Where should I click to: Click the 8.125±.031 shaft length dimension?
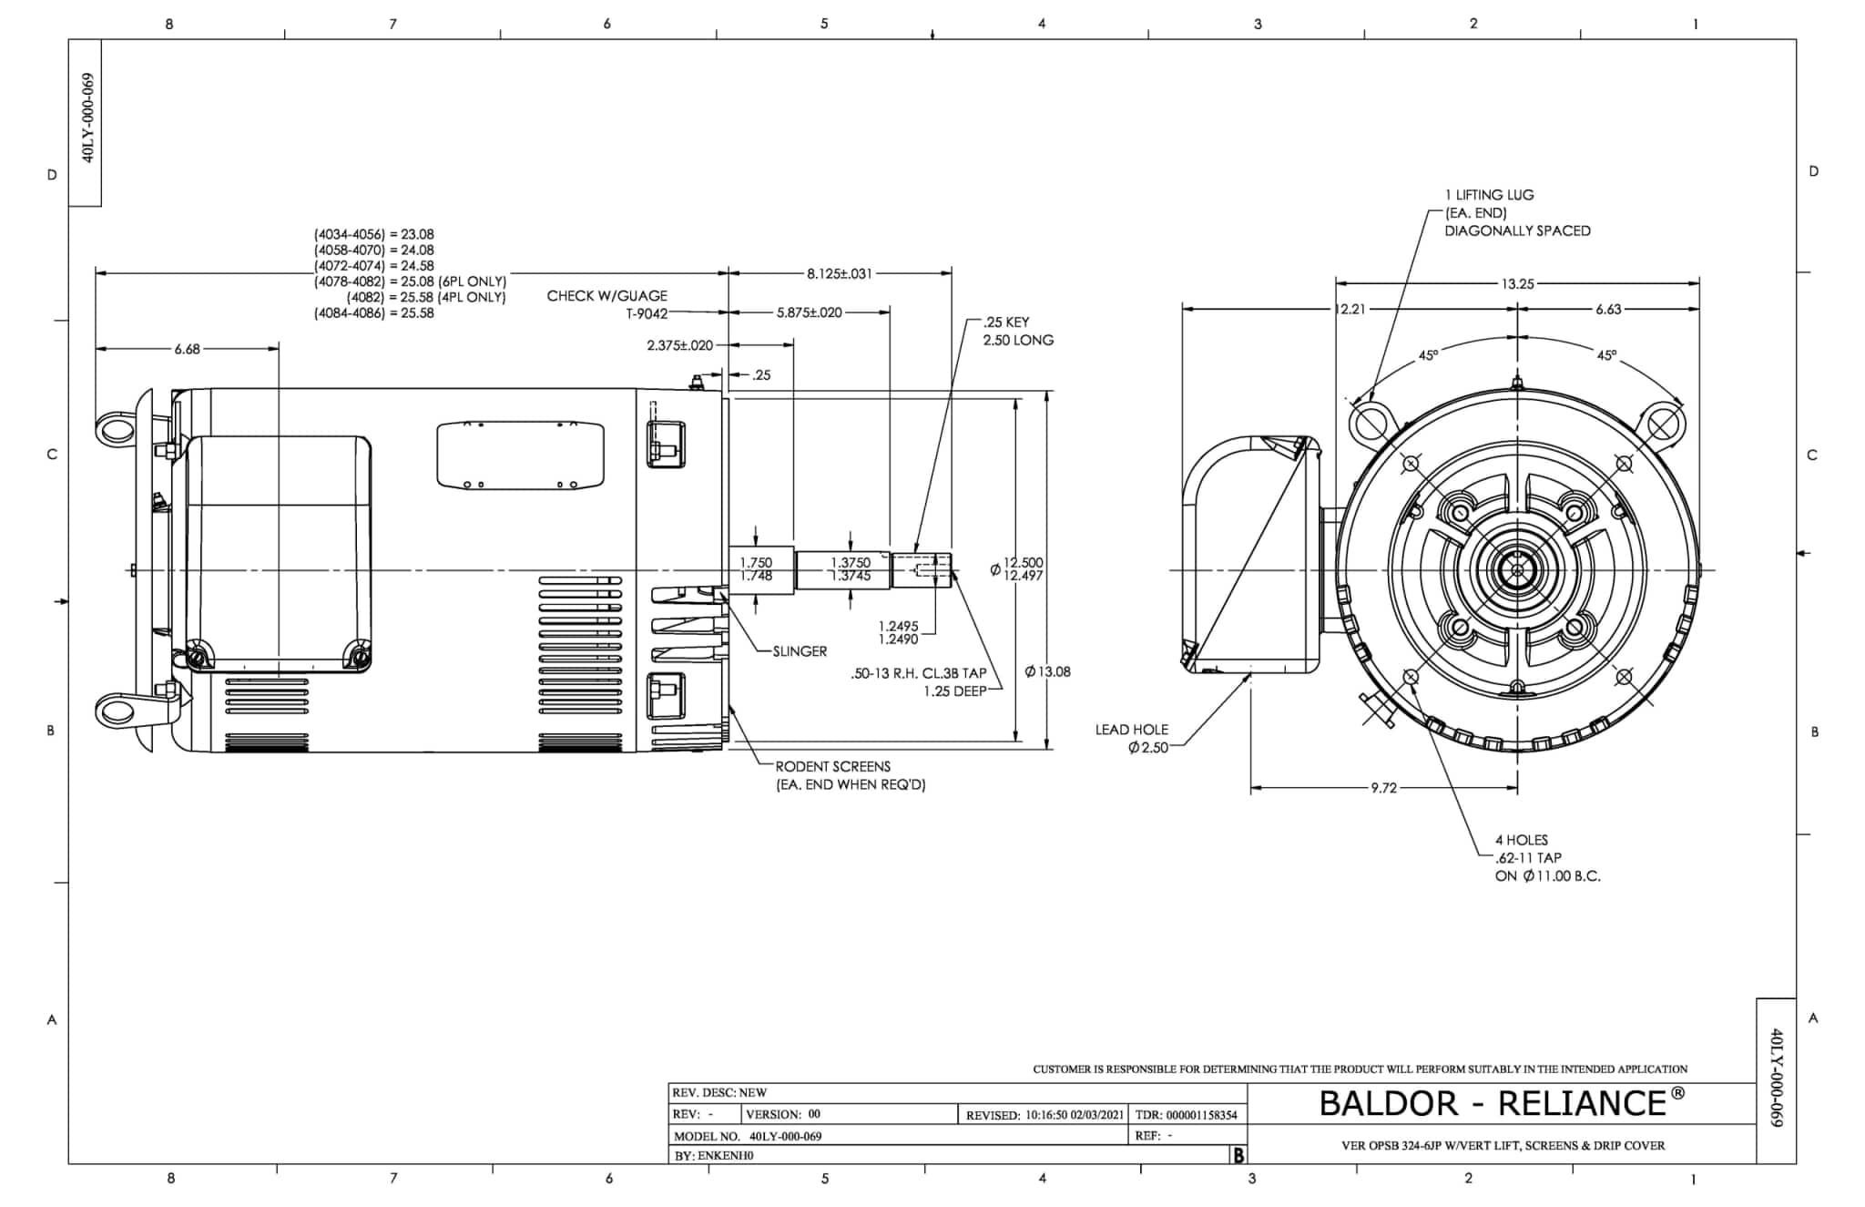[840, 273]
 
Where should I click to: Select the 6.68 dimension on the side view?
[188, 349]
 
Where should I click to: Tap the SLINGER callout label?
[800, 651]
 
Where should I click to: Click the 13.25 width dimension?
[1518, 284]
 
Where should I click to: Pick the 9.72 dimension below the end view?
[1383, 788]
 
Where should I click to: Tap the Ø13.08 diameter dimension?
[1047, 672]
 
